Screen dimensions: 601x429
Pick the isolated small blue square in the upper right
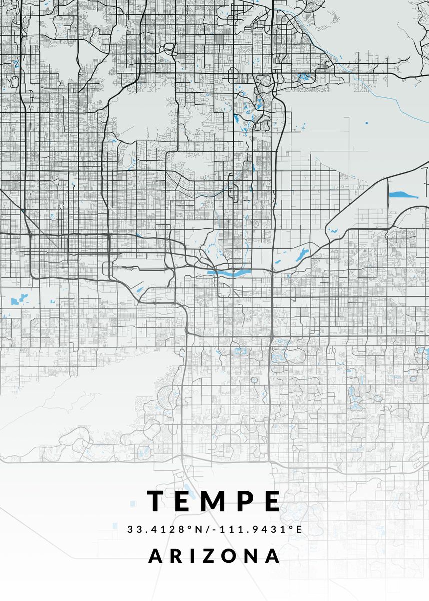coord(366,123)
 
